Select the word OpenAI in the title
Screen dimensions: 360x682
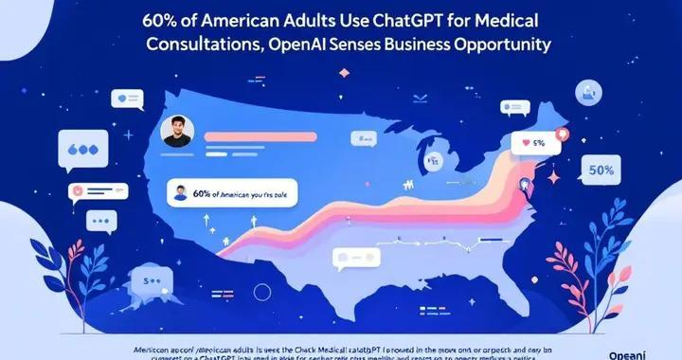pyautogui.click(x=302, y=44)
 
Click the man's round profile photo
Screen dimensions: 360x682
pyautogui.click(x=176, y=132)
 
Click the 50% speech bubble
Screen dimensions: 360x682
pyautogui.click(x=601, y=171)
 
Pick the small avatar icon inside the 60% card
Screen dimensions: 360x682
pyautogui.click(x=180, y=192)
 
